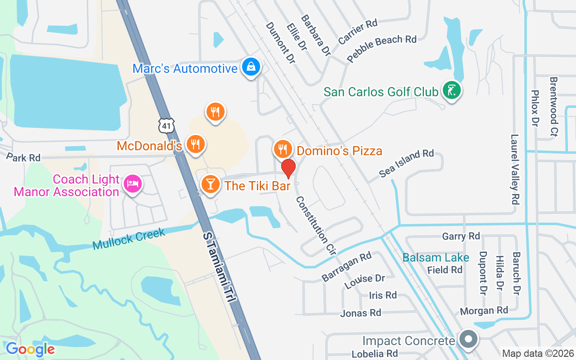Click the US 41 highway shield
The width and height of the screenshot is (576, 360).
click(166, 126)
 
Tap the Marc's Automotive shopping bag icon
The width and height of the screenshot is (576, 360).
click(251, 67)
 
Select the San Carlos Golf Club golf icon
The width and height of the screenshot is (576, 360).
click(451, 90)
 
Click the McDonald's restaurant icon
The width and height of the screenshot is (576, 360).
click(195, 144)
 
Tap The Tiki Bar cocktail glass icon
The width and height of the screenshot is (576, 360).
click(210, 184)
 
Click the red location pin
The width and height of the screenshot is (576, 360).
click(288, 168)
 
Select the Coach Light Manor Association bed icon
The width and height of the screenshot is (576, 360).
click(133, 184)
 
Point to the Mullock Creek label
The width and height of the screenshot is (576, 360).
click(130, 238)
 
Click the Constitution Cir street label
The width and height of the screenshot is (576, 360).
click(316, 226)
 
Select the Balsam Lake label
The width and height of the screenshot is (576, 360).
click(436, 258)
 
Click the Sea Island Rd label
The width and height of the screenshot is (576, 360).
click(406, 163)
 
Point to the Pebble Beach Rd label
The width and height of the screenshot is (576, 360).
click(382, 48)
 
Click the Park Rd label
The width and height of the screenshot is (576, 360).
click(23, 157)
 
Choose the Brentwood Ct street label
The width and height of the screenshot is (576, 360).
click(553, 106)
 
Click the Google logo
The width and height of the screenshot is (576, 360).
click(30, 349)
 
